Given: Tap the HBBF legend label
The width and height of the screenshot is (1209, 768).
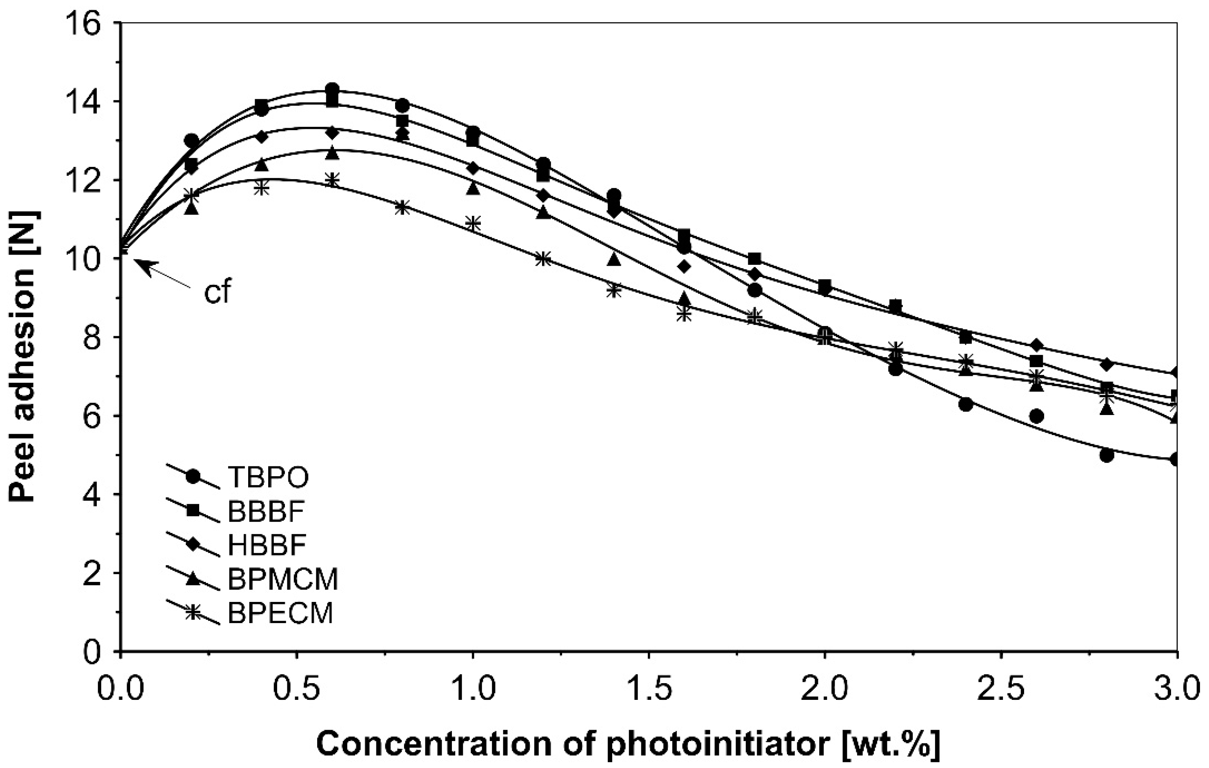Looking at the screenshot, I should click(x=267, y=546).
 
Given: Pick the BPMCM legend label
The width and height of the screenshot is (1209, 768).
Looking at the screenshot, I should click(x=283, y=580).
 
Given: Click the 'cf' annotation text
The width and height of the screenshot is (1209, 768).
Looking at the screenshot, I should click(x=218, y=293).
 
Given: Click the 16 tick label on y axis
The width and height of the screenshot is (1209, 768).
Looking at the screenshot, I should click(x=90, y=24).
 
